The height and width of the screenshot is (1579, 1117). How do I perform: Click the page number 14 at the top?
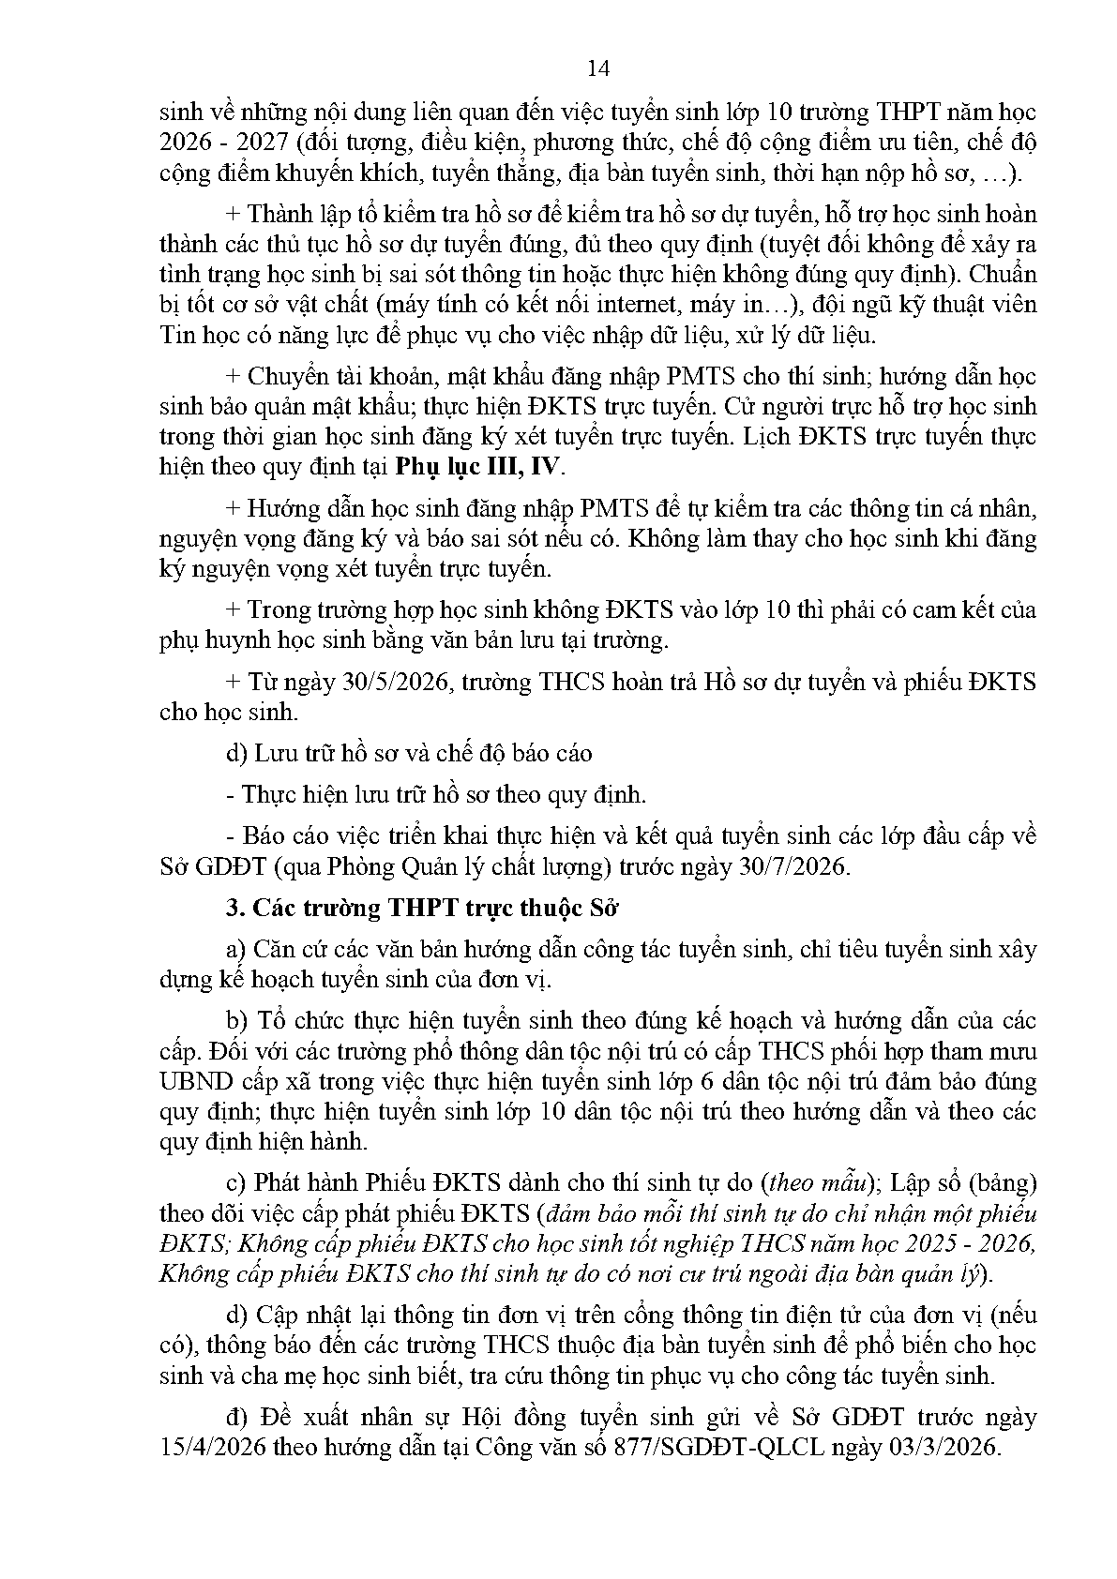tap(597, 68)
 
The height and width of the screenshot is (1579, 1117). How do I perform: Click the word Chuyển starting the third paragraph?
tap(282, 376)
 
